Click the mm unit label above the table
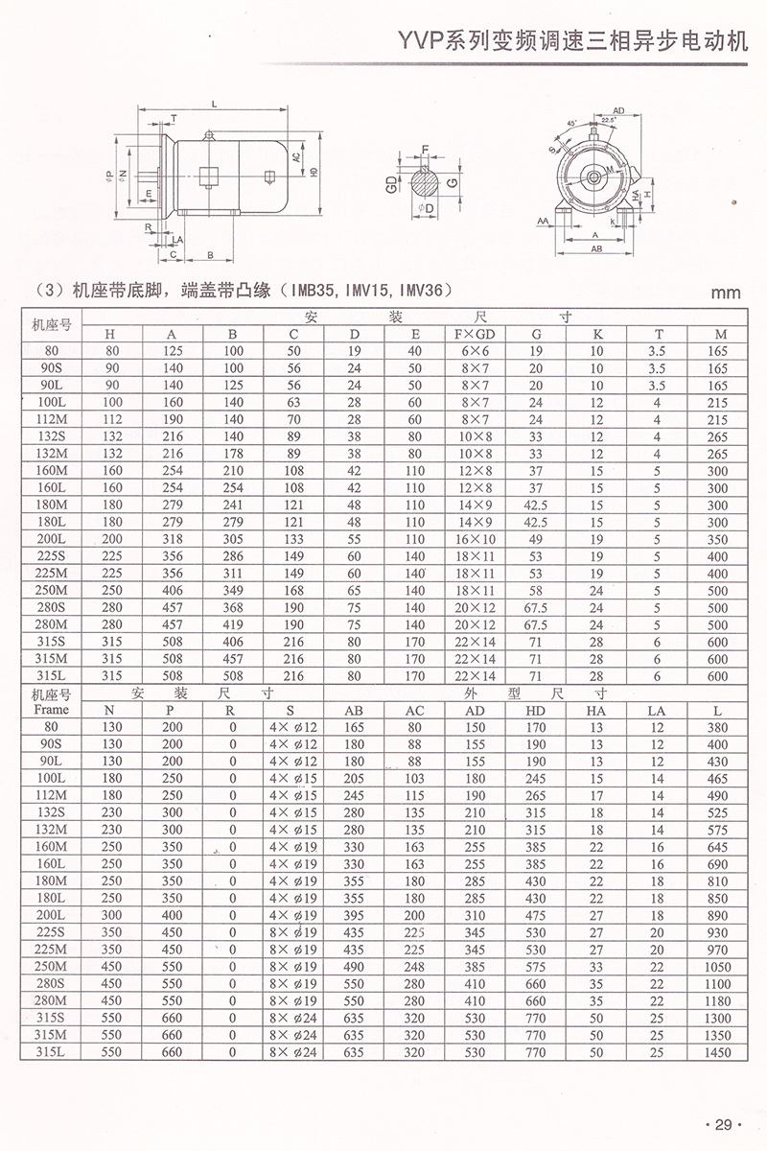tap(725, 294)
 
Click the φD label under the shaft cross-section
tap(426, 208)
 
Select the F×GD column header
tap(474, 334)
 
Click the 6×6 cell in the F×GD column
tap(474, 351)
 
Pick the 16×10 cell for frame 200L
tap(474, 540)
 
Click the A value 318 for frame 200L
tap(173, 540)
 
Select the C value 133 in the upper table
tap(294, 540)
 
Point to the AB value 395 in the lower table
tap(354, 916)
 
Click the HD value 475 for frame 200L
tap(535, 916)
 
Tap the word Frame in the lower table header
tap(50, 711)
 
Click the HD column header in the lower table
tap(535, 711)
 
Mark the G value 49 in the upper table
tap(535, 540)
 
